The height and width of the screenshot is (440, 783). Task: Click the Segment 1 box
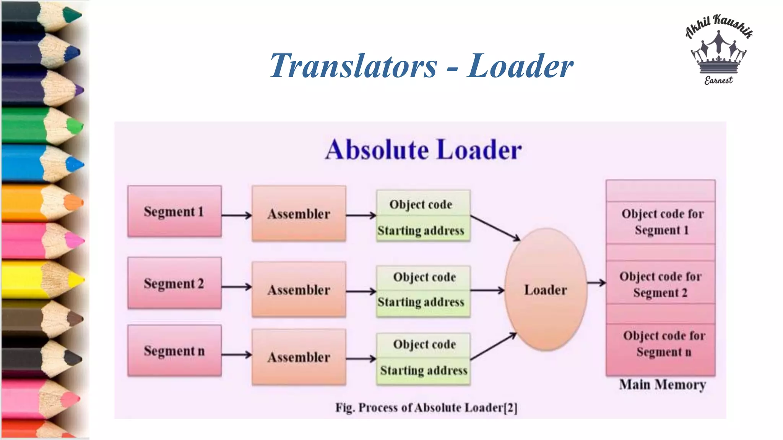[x=174, y=211]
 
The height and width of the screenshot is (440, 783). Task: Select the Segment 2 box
[x=174, y=283]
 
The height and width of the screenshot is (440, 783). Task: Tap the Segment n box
[x=174, y=351]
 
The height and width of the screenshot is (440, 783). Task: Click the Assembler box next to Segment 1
[x=299, y=214]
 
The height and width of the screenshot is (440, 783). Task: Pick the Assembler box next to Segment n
[x=299, y=357]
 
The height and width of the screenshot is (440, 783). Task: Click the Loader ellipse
[x=546, y=290]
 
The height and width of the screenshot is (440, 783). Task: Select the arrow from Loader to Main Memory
[x=596, y=283]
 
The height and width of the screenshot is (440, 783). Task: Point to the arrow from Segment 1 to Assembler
[x=236, y=215]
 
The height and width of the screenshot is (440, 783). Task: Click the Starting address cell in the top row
[x=423, y=230]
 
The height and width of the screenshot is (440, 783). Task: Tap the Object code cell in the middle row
[x=424, y=277]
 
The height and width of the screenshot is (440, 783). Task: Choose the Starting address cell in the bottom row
[x=424, y=370]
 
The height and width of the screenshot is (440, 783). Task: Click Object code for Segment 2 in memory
[x=660, y=284]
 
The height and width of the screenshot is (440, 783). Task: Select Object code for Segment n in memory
[x=664, y=344]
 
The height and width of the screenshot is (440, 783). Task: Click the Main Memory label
[x=663, y=384]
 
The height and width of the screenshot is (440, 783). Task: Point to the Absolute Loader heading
[x=423, y=149]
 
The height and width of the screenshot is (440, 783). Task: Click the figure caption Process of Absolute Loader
[x=426, y=408]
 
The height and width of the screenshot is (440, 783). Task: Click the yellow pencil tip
[x=78, y=279]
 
